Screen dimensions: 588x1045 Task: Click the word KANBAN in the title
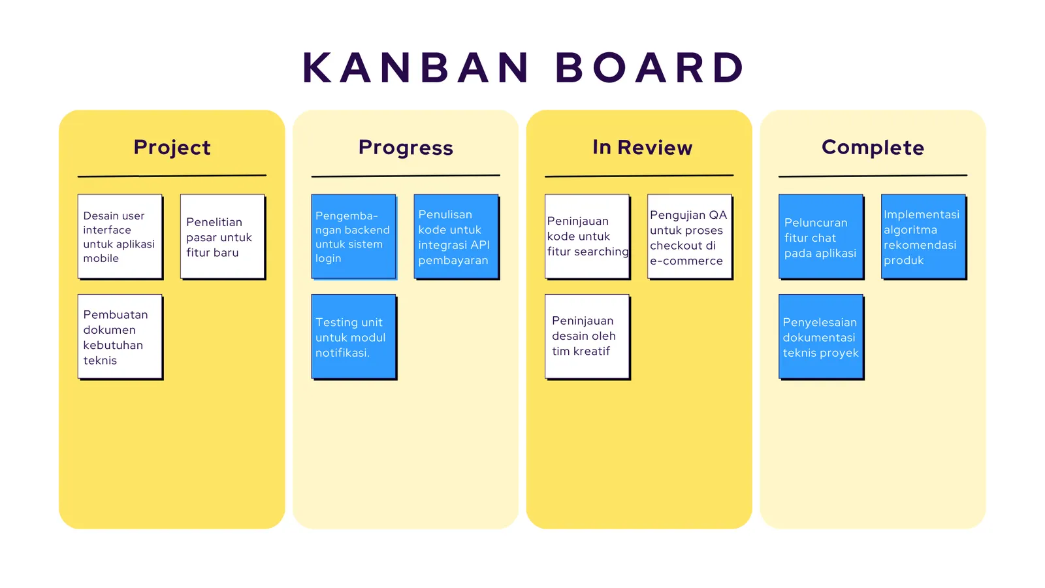415,68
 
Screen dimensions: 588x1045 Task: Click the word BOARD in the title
650,68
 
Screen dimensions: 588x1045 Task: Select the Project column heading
172,148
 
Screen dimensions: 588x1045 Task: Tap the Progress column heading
406,148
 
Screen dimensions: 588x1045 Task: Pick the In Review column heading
642,148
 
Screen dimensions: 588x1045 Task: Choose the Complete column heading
873,148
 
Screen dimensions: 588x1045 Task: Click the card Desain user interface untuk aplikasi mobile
120,237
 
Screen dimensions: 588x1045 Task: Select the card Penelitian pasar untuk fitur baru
222,237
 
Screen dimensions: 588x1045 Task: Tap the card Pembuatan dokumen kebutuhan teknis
120,336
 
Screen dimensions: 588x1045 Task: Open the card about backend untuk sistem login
353,237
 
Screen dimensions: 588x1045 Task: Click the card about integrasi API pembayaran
456,237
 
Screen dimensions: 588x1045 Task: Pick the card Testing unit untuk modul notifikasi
353,336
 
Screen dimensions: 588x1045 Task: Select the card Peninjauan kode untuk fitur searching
587,237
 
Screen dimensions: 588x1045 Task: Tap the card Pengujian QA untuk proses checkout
689,237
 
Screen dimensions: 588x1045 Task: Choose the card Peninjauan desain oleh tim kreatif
587,336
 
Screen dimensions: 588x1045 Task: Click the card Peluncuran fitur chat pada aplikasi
820,237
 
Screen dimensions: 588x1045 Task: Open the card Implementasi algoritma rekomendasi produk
923,237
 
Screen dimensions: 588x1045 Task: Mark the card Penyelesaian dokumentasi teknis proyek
820,336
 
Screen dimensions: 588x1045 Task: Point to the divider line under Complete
873,176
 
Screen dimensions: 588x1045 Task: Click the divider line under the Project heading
172,176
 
